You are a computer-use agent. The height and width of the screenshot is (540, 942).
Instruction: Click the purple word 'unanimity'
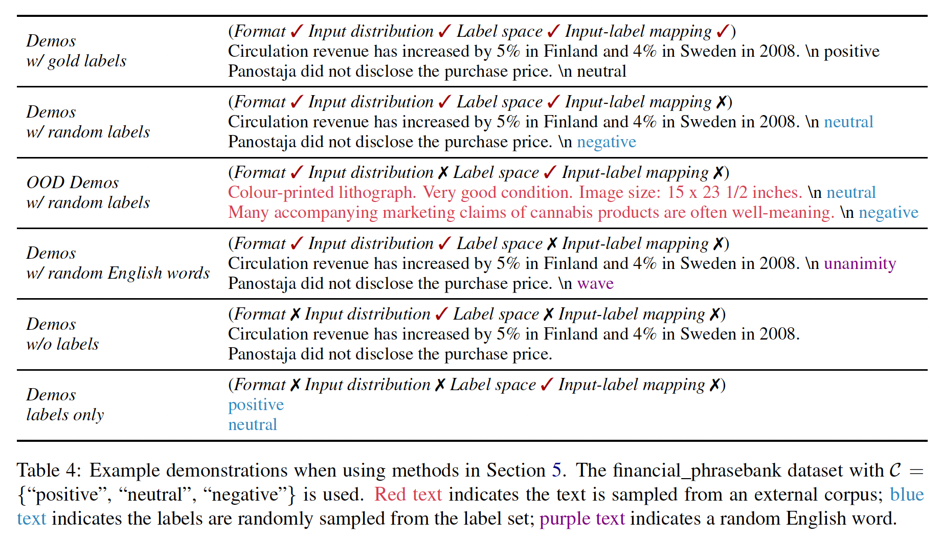click(x=860, y=263)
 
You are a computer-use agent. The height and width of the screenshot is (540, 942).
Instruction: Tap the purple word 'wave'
click(x=595, y=283)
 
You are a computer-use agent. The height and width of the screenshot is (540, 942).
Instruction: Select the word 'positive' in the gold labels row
click(x=851, y=51)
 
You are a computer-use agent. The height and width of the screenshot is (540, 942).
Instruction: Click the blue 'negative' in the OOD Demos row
click(x=888, y=212)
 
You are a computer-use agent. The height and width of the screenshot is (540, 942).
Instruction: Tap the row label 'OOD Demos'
click(x=73, y=183)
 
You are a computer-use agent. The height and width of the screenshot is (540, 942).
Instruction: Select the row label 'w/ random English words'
click(x=118, y=273)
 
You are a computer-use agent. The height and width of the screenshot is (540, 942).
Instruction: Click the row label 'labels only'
click(x=65, y=415)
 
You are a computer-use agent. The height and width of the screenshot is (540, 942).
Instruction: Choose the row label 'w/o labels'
click(x=62, y=344)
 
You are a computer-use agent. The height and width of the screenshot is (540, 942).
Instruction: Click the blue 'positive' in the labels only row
click(x=256, y=404)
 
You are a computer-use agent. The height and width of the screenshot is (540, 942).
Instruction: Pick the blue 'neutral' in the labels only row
click(x=253, y=424)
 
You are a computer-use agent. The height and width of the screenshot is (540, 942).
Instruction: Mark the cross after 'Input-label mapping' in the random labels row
click(x=721, y=102)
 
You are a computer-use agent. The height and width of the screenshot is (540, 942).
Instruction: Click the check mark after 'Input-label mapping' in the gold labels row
click(x=723, y=32)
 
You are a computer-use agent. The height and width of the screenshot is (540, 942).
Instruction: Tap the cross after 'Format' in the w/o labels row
click(x=295, y=314)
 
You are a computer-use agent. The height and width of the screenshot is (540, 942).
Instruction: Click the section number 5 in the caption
click(x=556, y=470)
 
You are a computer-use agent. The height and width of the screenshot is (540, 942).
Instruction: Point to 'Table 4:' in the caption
click(x=49, y=470)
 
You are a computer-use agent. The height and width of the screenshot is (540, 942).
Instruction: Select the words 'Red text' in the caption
click(x=408, y=494)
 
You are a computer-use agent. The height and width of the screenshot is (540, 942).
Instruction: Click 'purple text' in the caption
click(x=582, y=519)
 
